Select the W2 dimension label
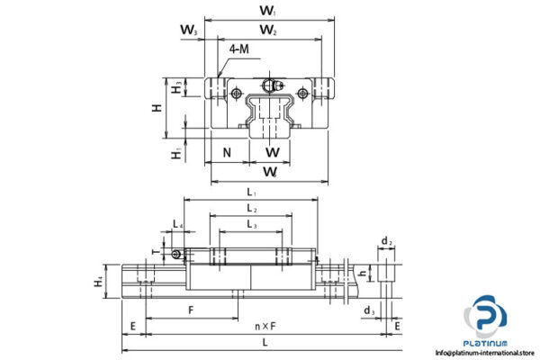click(268, 31)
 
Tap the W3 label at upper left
click(187, 31)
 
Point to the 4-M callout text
click(240, 49)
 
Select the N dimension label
click(228, 151)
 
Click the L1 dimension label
click(250, 192)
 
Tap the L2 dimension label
click(250, 209)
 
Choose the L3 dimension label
click(250, 225)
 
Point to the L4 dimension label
click(178, 224)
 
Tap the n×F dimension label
click(264, 327)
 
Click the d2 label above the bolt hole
click(385, 241)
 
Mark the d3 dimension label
click(369, 311)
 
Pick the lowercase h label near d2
click(362, 274)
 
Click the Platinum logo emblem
click(486, 318)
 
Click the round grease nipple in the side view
click(179, 253)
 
